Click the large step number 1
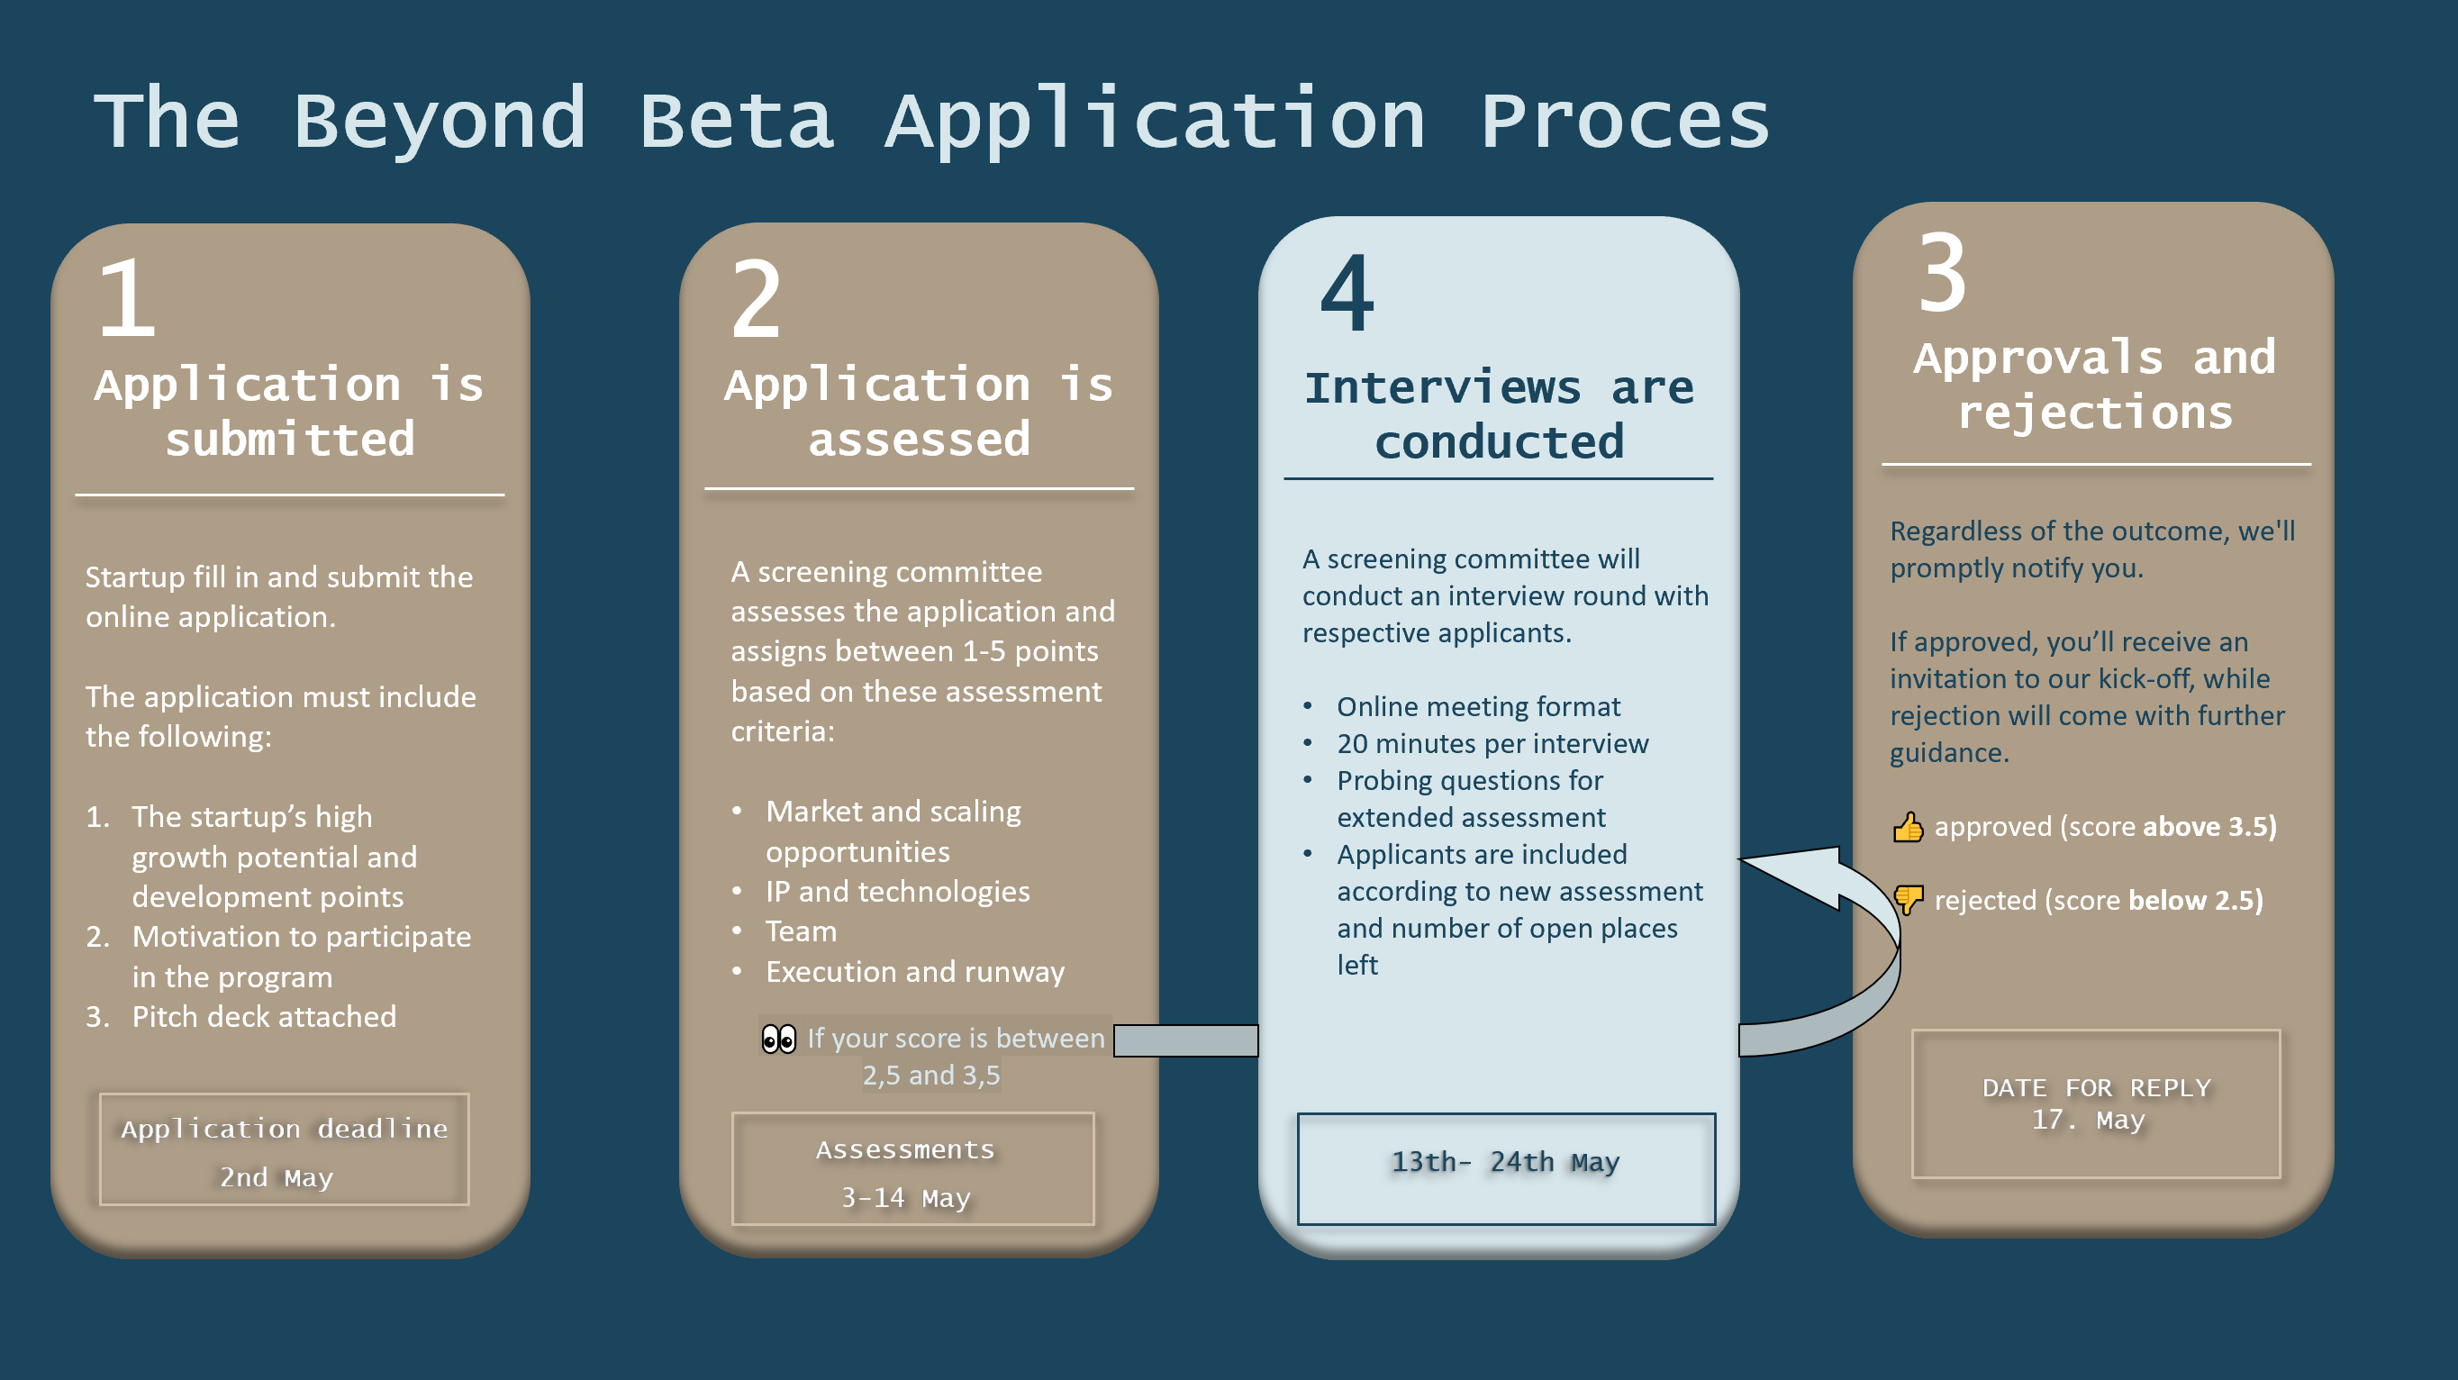point(127,299)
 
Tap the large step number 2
point(756,301)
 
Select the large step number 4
point(1347,294)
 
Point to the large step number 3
point(1943,275)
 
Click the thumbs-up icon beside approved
point(1908,828)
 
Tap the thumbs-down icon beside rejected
point(1908,899)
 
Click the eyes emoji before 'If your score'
point(778,1039)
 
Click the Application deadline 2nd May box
point(285,1150)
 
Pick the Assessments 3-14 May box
point(912,1169)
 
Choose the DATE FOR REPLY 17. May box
point(2095,1104)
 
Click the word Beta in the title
point(736,122)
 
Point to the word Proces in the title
point(1625,122)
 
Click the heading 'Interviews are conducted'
point(1499,415)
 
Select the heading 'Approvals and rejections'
point(2095,385)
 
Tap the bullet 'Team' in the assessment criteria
point(801,931)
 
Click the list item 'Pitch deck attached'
point(263,1017)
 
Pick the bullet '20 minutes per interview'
point(1492,743)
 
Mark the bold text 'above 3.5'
point(2208,827)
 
